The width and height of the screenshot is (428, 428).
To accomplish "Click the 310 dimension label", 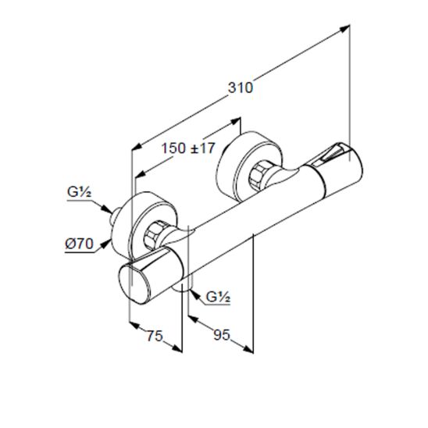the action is click(x=241, y=88).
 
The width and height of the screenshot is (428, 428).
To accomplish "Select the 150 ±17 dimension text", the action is click(x=188, y=148).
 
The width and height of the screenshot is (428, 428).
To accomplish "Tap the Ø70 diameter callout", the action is click(x=80, y=244).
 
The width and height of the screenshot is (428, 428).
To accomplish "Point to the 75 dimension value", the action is click(x=155, y=336).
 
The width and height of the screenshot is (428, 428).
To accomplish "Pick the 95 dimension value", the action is click(x=222, y=335).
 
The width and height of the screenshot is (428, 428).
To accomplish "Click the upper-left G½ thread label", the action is click(x=79, y=193).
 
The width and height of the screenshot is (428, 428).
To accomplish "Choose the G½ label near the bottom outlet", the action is click(x=219, y=297).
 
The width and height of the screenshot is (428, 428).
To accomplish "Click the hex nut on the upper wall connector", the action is click(x=259, y=176).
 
